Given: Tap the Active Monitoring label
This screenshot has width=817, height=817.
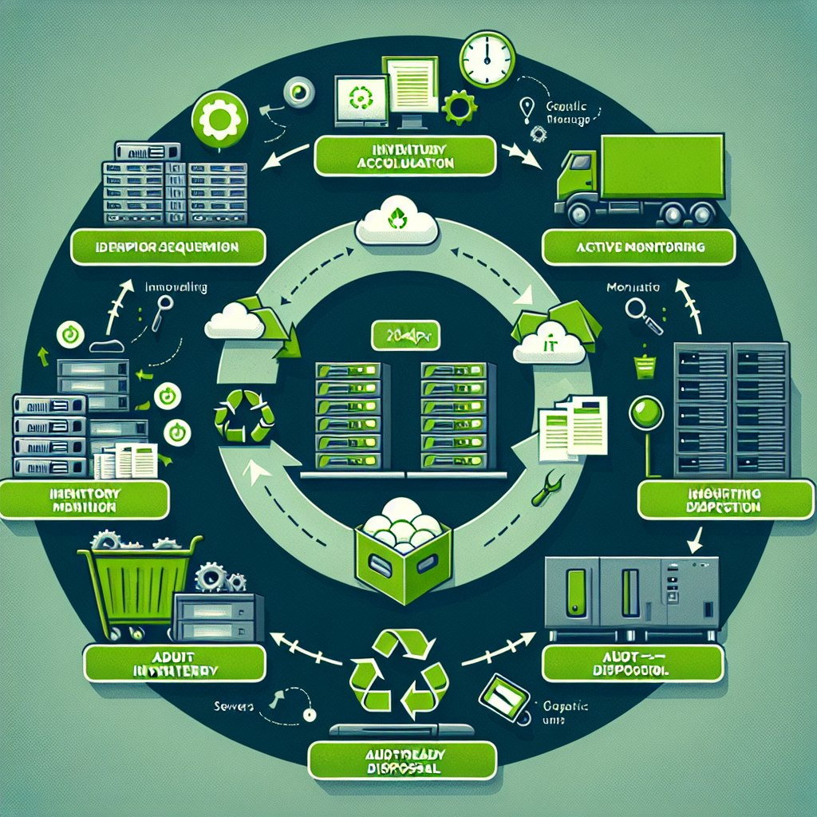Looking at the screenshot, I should click(x=637, y=247).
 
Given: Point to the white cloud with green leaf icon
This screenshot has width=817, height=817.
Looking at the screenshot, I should click(x=397, y=222).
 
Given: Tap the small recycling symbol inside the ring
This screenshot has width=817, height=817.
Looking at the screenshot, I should click(x=244, y=414).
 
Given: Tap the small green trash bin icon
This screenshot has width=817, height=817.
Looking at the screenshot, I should click(x=644, y=366).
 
